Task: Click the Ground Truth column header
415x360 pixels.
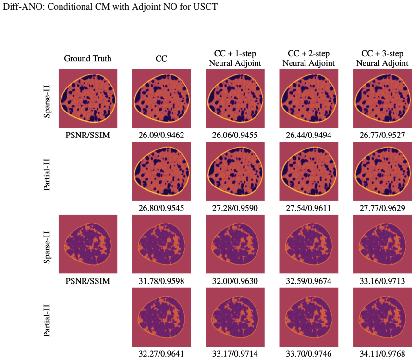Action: click(87, 58)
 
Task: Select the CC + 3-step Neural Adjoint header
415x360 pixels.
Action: click(382, 58)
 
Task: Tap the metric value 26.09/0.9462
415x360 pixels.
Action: click(161, 135)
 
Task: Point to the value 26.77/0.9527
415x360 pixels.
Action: click(382, 135)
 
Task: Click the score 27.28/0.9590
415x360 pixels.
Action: click(235, 208)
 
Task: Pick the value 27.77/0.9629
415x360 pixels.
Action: click(382, 208)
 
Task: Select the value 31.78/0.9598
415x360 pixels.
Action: click(161, 281)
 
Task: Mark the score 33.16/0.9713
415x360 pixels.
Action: click(382, 281)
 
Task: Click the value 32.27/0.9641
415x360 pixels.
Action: click(161, 354)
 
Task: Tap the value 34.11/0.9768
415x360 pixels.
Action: click(382, 354)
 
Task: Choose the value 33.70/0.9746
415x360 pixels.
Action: click(308, 354)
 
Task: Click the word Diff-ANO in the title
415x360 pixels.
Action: click(23, 6)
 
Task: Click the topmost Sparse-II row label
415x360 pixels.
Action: click(47, 101)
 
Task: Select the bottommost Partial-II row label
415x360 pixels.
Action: click(47, 320)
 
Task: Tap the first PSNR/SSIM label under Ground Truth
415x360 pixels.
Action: click(87, 135)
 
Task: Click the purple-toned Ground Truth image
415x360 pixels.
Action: click(88, 244)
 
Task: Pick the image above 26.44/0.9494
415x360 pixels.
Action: click(308, 98)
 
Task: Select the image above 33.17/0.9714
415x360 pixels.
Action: click(235, 317)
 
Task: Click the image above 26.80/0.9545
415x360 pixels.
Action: click(161, 171)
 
